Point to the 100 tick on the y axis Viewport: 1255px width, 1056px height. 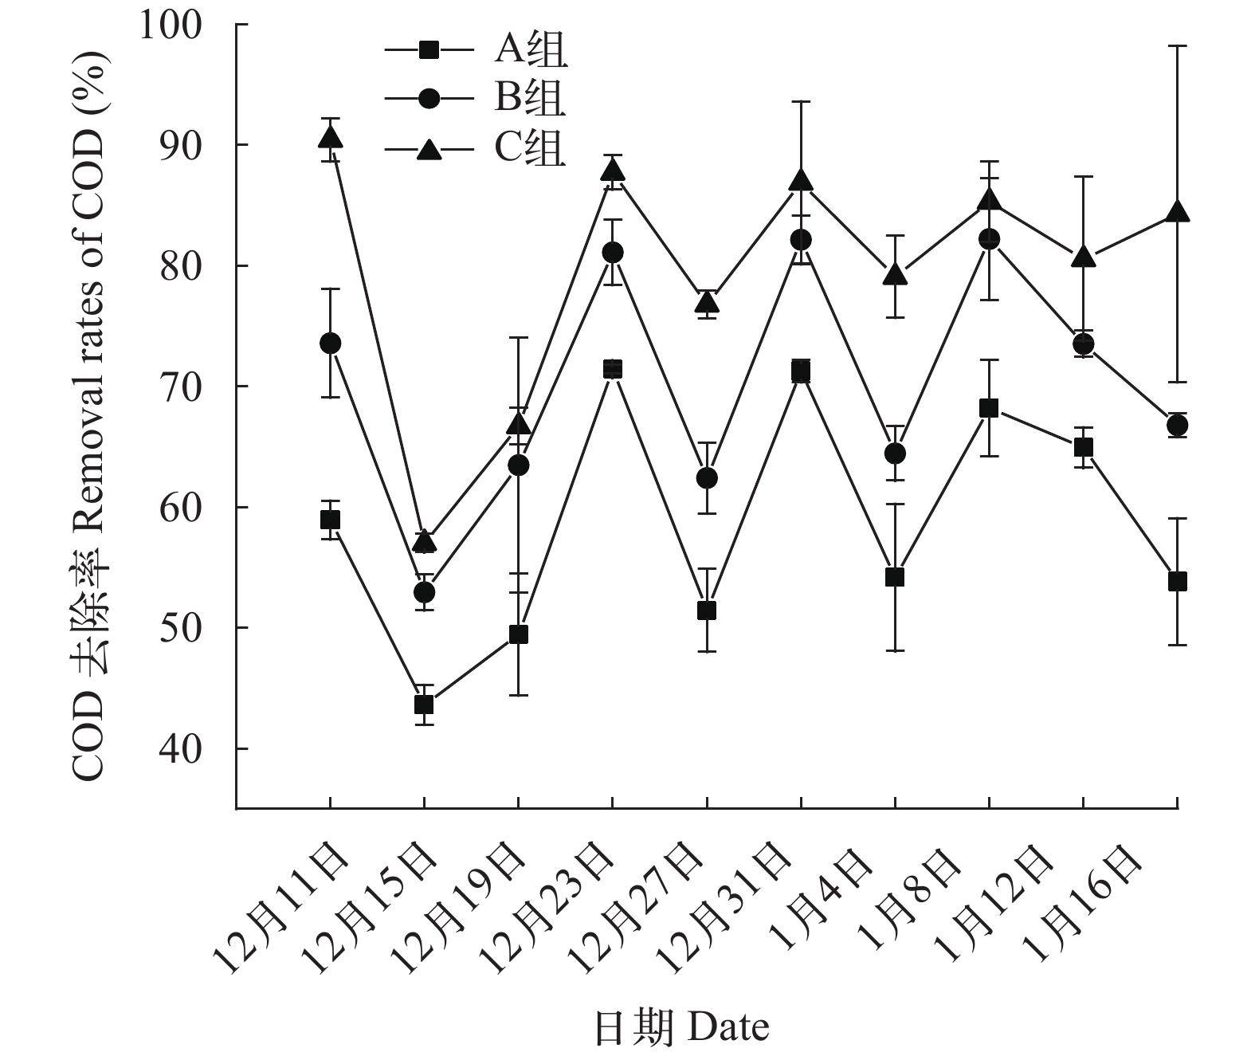coord(183,25)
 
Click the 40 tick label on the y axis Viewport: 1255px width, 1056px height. coord(183,749)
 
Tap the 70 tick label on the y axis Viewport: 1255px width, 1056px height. coord(183,387)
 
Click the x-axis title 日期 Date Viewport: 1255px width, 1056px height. coord(681,1028)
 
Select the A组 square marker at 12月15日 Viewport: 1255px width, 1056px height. coord(424,705)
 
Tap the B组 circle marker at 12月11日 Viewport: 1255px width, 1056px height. coord(330,343)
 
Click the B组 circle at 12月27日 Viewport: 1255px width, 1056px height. coord(707,478)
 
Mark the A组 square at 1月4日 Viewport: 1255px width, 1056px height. coord(895,577)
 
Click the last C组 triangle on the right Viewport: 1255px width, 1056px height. coord(1177,213)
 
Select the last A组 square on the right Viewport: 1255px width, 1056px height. coord(1177,582)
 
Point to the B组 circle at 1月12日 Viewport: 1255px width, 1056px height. coord(1083,344)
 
